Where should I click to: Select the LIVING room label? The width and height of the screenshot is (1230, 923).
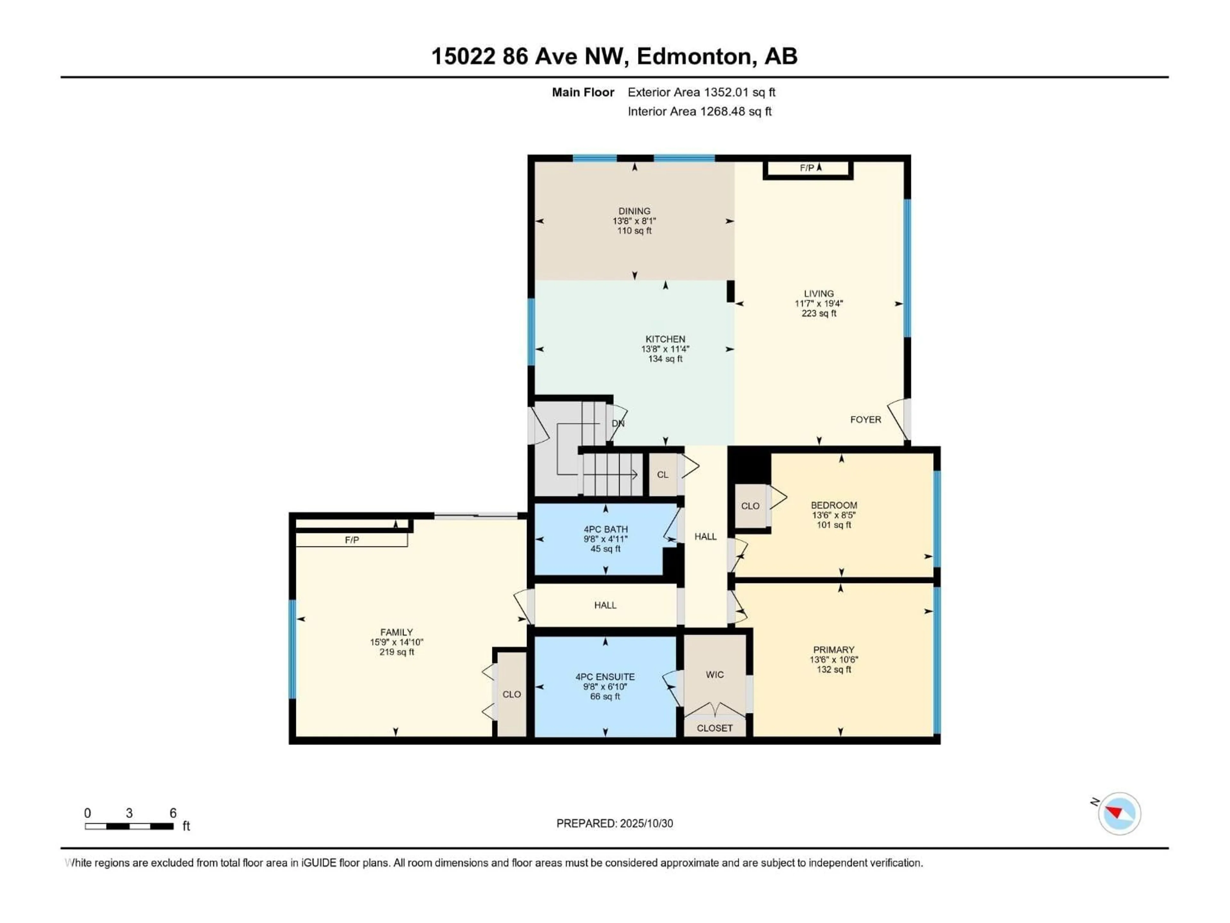tap(818, 293)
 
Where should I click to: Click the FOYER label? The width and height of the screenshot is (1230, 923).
tap(865, 420)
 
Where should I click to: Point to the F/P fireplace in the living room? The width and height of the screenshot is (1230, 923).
tap(808, 168)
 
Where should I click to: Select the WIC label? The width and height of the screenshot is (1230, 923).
tap(715, 674)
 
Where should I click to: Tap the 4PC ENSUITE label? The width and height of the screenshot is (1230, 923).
tap(605, 677)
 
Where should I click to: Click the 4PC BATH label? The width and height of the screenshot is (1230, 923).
tap(605, 529)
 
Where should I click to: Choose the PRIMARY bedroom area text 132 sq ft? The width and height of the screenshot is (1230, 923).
tap(833, 669)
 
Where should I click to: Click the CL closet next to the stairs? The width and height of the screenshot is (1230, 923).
tap(662, 475)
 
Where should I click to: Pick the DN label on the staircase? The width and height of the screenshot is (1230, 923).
tap(618, 423)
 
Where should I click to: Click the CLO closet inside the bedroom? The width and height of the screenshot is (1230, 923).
tap(750, 506)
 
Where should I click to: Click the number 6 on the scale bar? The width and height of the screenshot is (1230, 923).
tap(173, 813)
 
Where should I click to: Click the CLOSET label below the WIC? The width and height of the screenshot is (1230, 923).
tap(715, 728)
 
